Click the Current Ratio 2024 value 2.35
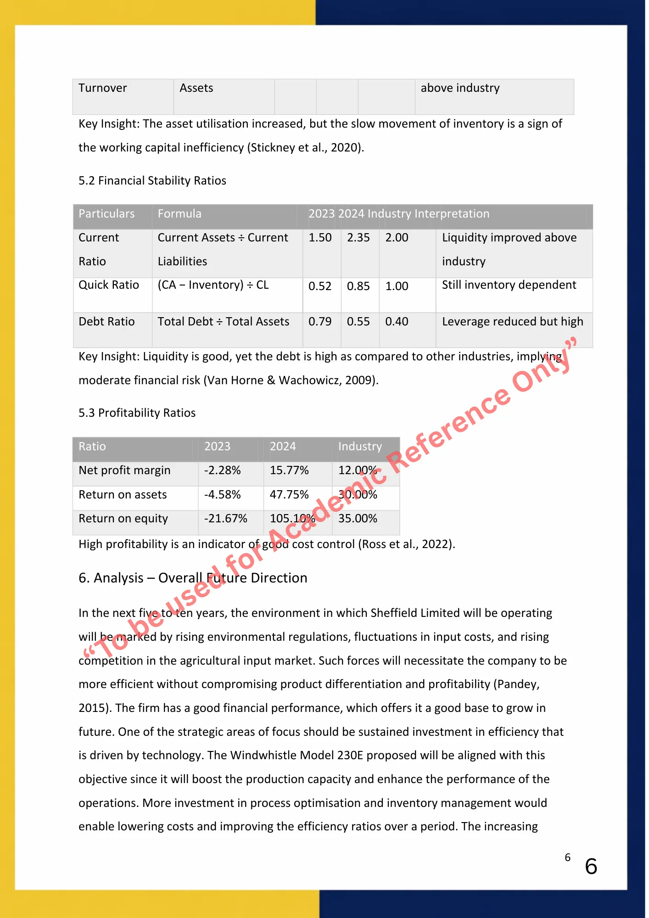pos(358,238)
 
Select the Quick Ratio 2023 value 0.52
pos(319,286)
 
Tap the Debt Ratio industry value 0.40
pos(397,322)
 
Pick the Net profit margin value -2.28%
pos(222,470)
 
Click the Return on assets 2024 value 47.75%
pos(289,495)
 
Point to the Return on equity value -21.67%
pos(225,519)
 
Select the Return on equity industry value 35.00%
pos(358,519)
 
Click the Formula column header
pos(179,214)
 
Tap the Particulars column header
pos(106,214)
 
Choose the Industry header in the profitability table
pos(360,447)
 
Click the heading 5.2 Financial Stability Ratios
pos(152,181)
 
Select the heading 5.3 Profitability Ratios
pos(137,413)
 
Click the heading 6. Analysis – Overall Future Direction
pos(193,578)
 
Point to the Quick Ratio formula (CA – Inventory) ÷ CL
pos(213,285)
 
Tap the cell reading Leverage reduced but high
pos(512,322)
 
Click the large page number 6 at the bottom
pos(591,867)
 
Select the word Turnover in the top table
pos(102,88)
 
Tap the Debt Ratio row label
pos(106,322)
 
